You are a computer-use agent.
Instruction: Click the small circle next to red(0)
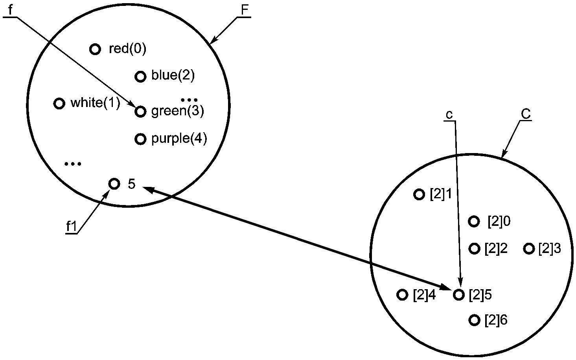point(95,49)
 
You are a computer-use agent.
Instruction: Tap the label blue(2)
point(173,76)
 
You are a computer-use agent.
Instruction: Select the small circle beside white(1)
point(59,103)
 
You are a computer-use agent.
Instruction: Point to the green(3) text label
point(178,111)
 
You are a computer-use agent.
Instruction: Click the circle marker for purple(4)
point(140,139)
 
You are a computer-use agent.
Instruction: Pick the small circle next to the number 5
point(114,184)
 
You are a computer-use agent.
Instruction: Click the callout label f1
point(72,227)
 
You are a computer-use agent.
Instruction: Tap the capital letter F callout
point(245,10)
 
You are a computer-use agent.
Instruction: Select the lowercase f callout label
point(10,10)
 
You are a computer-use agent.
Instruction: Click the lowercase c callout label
point(449,115)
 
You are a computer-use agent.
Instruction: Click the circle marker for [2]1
point(419,194)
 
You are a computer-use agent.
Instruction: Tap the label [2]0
point(499,222)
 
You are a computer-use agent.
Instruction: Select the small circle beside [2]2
point(475,249)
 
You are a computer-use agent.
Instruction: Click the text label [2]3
point(550,249)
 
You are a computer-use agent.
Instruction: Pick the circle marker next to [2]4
point(403,295)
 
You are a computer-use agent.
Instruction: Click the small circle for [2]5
point(458,295)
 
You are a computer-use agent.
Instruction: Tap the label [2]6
point(496,320)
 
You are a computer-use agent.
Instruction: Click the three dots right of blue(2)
point(189,100)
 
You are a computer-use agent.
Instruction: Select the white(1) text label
point(96,103)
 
